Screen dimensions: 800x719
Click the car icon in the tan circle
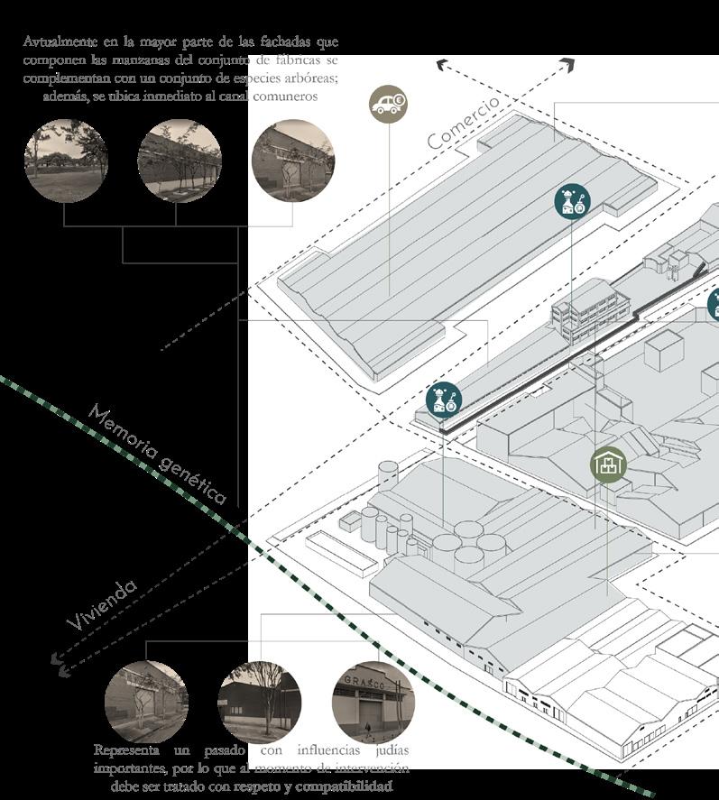(x=388, y=104)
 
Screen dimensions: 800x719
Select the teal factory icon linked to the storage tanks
(x=443, y=400)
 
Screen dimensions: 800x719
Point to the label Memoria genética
(x=158, y=454)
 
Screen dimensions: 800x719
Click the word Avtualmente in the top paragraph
(x=56, y=43)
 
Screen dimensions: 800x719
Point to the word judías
(x=390, y=750)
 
